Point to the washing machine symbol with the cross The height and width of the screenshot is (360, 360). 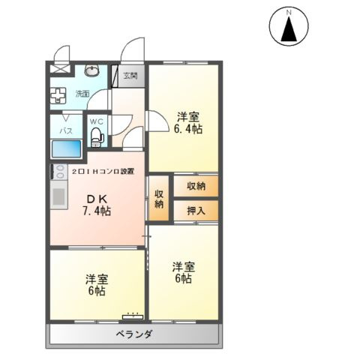click(58, 95)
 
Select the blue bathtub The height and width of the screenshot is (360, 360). click(65, 149)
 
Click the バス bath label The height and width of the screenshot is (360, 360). click(65, 130)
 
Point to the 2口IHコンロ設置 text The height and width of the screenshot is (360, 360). click(103, 172)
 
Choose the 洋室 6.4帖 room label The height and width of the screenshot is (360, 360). click(189, 122)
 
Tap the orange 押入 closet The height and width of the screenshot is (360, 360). click(196, 211)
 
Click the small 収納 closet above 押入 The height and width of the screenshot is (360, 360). click(196, 185)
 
